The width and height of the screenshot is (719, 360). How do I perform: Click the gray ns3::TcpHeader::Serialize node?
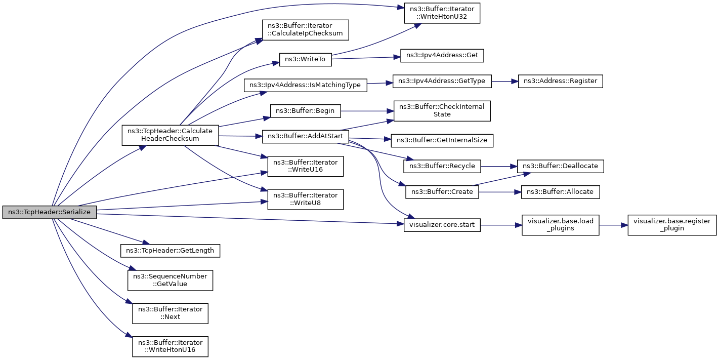pos(50,212)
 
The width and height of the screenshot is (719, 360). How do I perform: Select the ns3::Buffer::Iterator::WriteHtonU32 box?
pos(442,13)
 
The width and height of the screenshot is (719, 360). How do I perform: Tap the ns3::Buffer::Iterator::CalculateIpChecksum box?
pos(305,30)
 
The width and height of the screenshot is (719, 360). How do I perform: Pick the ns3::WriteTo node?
pos(305,60)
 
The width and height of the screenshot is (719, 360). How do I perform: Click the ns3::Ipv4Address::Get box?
pos(442,56)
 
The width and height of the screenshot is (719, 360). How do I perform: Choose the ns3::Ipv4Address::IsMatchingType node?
pos(305,86)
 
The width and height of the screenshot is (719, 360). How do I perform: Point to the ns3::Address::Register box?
pos(561,81)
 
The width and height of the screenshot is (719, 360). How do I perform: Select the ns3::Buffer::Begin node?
pos(305,111)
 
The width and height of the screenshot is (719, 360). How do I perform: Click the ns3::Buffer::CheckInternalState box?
pos(442,111)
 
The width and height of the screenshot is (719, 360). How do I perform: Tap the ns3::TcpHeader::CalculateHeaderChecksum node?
pos(170,135)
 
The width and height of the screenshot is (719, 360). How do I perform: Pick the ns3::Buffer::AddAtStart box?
pos(305,137)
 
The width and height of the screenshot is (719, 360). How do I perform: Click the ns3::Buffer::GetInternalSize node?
pos(442,141)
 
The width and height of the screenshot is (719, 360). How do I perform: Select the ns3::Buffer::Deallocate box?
pos(561,167)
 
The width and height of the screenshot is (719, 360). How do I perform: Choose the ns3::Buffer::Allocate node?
pos(561,192)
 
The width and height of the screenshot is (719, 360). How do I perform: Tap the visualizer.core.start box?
pos(442,225)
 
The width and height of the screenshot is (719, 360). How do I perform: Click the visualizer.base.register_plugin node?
pos(672,225)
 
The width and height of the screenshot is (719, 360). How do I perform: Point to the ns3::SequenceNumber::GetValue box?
pos(170,281)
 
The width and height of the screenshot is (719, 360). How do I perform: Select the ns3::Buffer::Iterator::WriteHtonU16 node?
pos(170,346)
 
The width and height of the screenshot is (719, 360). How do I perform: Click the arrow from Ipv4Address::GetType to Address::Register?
pos(505,82)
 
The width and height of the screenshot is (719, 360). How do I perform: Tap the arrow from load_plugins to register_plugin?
pos(613,225)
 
